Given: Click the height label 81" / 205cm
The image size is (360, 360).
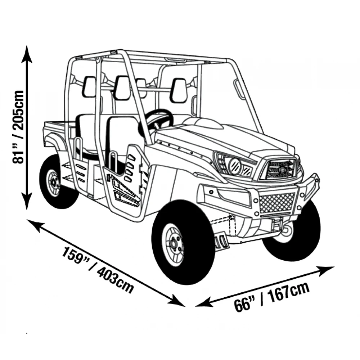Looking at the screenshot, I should pos(18,127).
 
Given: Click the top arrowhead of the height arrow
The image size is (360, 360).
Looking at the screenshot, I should pos(26,52).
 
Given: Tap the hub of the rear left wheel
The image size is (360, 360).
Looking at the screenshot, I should pos(54,183).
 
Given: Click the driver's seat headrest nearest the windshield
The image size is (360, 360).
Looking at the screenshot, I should pos(179,90).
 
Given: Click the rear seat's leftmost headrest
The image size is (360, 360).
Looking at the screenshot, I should pos(89,87).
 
